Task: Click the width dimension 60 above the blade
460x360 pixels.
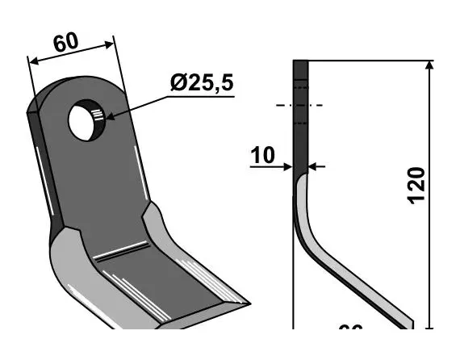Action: pyautogui.click(x=66, y=43)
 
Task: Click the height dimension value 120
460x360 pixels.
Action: pyautogui.click(x=416, y=186)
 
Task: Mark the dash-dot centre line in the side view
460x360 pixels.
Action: pyautogui.click(x=299, y=105)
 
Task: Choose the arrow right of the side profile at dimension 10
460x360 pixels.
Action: pyautogui.click(x=316, y=167)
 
